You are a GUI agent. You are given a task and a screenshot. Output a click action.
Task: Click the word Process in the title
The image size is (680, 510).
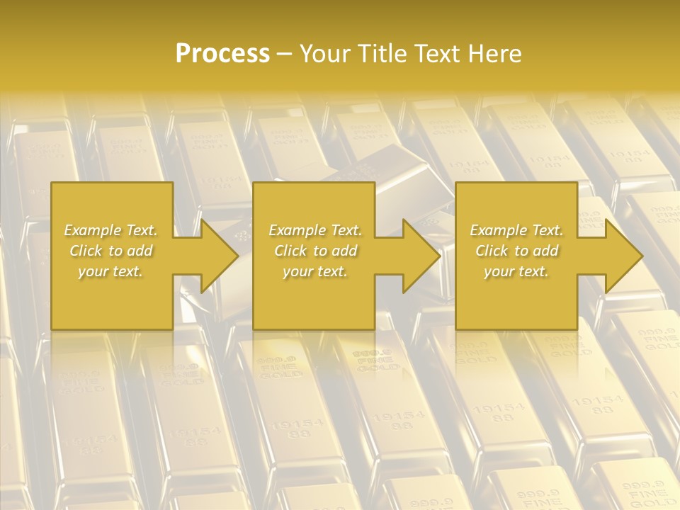pyautogui.click(x=222, y=54)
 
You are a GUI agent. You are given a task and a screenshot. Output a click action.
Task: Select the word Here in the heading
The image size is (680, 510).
pyautogui.click(x=494, y=54)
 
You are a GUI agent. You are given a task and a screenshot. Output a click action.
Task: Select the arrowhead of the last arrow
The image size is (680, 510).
pyautogui.click(x=623, y=256)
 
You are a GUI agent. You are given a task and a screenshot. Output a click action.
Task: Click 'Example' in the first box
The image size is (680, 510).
pyautogui.click(x=93, y=230)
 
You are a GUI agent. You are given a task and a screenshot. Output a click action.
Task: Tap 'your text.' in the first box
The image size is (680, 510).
pyautogui.click(x=110, y=271)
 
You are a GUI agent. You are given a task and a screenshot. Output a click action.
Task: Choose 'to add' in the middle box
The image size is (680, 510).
pyautogui.click(x=334, y=251)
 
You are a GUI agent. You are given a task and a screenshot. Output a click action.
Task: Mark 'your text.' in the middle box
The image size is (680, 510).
pyautogui.click(x=315, y=271)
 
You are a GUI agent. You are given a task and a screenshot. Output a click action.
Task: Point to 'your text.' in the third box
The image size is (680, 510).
pyautogui.click(x=516, y=271)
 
